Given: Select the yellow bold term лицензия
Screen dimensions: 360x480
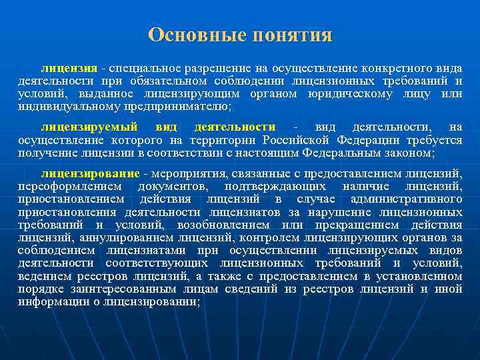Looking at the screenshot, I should tap(69, 69).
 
